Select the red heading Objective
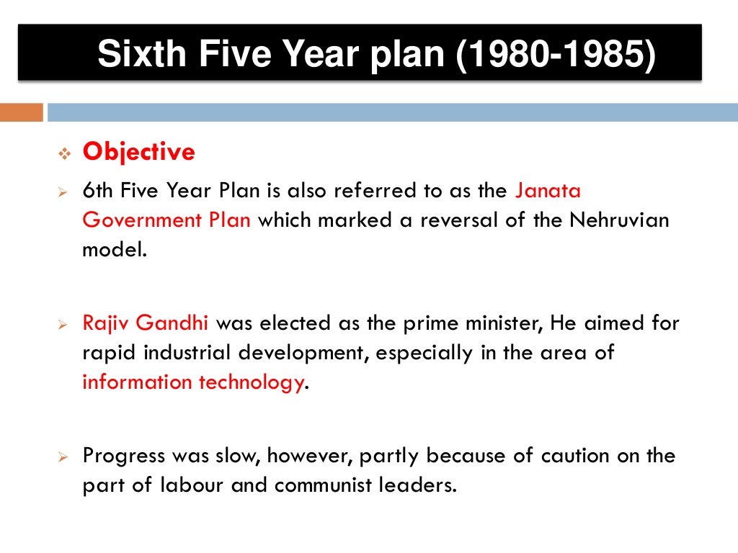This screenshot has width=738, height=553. click(138, 152)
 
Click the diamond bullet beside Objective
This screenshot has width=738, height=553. click(62, 153)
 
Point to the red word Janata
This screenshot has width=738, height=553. click(548, 191)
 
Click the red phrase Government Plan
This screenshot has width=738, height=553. click(166, 220)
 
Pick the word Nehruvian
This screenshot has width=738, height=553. click(619, 220)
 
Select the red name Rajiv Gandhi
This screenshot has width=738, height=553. click(146, 323)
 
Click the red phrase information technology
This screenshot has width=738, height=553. click(192, 382)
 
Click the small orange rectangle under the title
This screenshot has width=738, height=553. click(21, 112)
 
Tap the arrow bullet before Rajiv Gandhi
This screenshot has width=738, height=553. click(62, 325)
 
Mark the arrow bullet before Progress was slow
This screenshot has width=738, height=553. click(62, 457)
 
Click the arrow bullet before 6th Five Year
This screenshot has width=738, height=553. click(62, 192)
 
